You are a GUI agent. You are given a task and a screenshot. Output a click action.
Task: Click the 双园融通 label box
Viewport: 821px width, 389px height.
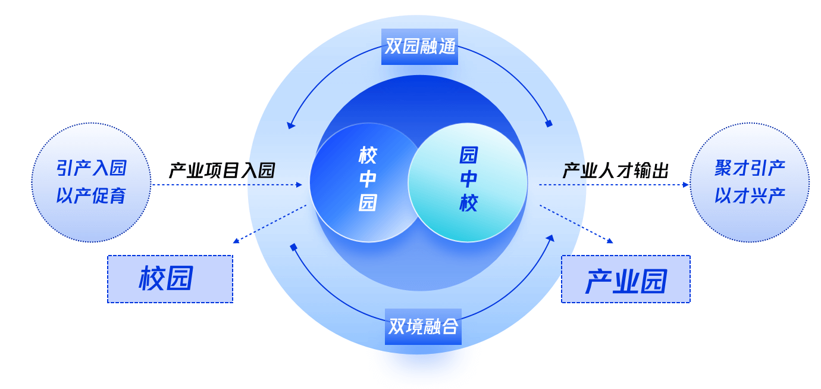[x=419, y=46]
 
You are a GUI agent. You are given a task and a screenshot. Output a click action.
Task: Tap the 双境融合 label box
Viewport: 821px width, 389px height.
[x=423, y=326]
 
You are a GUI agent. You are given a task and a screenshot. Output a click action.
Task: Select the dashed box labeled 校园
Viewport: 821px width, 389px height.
[x=170, y=279]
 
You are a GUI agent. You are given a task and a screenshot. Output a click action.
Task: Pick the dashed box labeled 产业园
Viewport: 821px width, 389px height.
[x=626, y=280]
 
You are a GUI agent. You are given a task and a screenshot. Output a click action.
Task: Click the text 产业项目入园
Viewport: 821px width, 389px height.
[x=222, y=171]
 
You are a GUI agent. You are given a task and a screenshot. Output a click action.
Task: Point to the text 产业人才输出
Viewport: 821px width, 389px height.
[x=616, y=171]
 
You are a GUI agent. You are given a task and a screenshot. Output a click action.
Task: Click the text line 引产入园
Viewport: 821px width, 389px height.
[x=92, y=169]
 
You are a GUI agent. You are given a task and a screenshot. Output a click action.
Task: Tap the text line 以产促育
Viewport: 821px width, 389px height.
[x=92, y=196]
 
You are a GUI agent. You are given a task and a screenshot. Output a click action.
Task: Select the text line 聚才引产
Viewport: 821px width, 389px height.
[x=750, y=169]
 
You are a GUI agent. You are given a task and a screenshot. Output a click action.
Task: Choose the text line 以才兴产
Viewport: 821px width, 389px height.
[x=750, y=196]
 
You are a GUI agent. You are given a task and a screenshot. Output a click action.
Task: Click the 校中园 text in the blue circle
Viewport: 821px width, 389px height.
[x=368, y=180]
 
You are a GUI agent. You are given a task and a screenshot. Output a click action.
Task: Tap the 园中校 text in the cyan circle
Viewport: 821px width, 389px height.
[x=468, y=180]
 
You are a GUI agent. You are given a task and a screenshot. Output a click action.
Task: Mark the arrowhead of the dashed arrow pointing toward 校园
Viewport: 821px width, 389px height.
[x=236, y=241]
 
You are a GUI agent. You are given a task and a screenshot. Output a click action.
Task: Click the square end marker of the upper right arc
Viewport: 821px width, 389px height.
[x=549, y=123]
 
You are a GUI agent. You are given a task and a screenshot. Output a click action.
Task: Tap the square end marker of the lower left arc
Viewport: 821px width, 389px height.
[x=293, y=247]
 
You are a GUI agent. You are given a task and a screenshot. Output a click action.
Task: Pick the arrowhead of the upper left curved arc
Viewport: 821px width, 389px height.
[x=290, y=125]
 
